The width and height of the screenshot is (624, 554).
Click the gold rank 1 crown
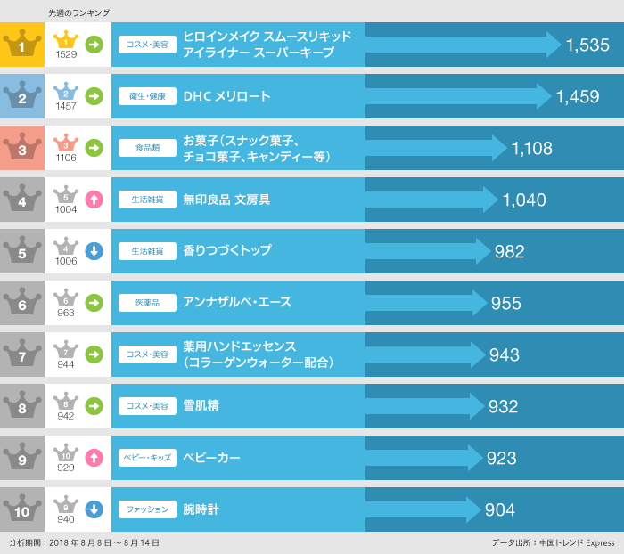coord(21,45)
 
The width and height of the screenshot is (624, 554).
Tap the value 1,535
coord(587,45)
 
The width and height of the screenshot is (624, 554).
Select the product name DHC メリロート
coord(226,96)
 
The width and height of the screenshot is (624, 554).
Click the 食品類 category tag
coord(147,148)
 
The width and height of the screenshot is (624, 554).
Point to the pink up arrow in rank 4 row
coord(94,200)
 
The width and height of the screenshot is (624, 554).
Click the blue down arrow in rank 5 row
coord(94,251)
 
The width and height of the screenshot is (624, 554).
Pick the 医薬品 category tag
coord(147,303)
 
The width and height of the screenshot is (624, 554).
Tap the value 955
coord(506,304)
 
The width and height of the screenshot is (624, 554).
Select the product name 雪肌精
coord(201,406)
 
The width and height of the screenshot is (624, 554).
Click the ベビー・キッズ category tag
coord(147,458)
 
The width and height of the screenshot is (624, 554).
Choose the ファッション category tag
coord(147,509)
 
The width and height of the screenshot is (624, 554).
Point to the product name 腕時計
coord(201,509)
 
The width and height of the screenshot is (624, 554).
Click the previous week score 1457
coord(66,106)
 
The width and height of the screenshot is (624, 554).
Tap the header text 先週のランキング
coord(78,12)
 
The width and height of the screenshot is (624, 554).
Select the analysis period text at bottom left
coord(84,542)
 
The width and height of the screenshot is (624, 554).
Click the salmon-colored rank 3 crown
coord(21,148)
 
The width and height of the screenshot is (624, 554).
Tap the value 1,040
coord(524,200)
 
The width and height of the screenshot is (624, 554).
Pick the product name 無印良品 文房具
coord(226,200)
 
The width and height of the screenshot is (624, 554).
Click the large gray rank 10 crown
coord(21,509)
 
